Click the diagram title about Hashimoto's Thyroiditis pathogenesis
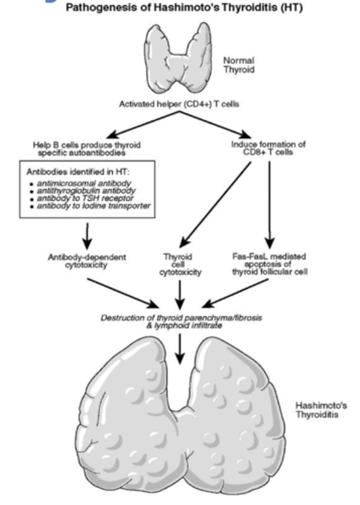184,8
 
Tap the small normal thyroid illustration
179,59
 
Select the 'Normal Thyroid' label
238,65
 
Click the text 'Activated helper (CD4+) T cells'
179,104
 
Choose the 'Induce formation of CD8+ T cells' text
268,148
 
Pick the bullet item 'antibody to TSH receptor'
85,198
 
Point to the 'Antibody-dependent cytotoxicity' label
86,261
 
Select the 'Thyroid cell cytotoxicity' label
180,264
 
